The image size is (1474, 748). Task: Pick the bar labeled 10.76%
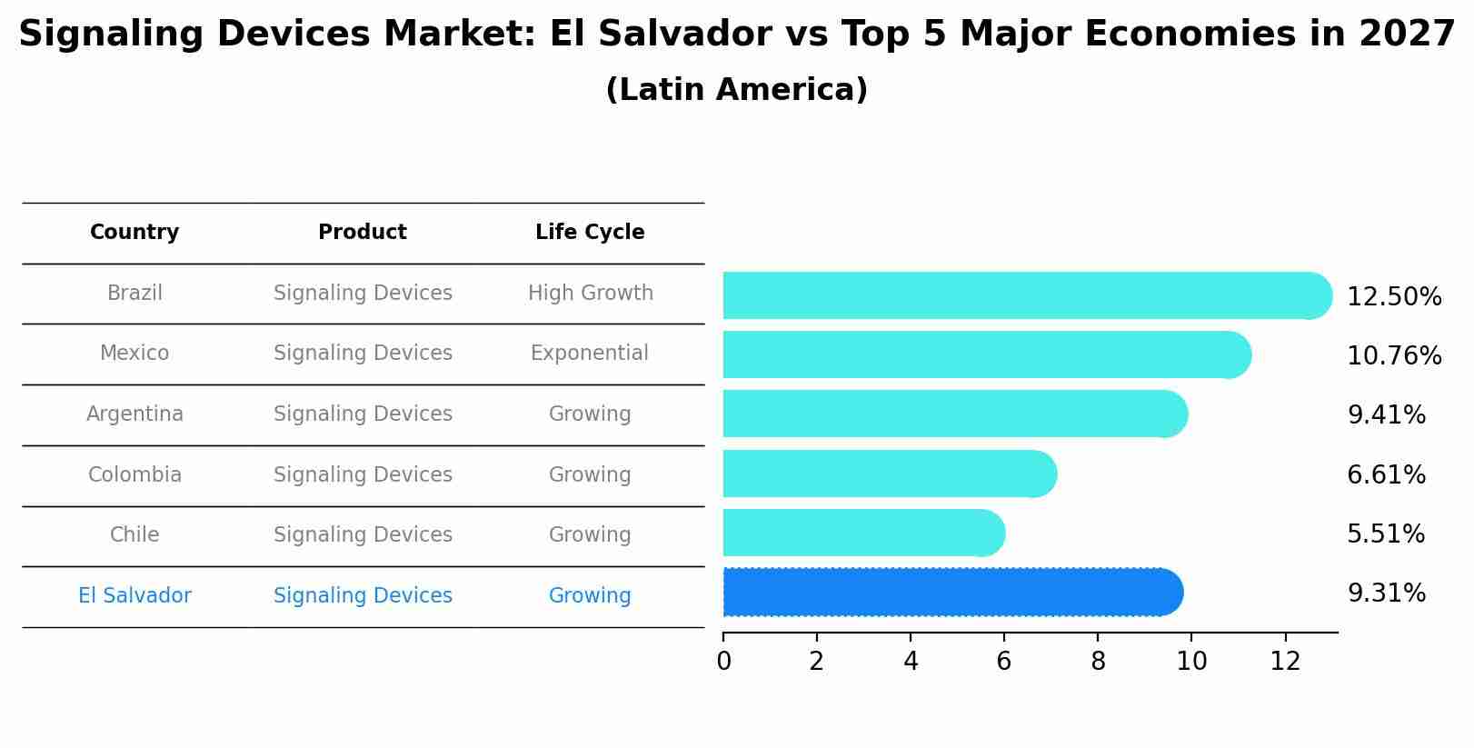(x=986, y=354)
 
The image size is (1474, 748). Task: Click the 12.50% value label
(x=1394, y=297)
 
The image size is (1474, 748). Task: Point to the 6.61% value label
(x=1386, y=474)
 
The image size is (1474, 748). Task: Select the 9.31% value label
(x=1386, y=593)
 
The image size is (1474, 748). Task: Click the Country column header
(x=134, y=233)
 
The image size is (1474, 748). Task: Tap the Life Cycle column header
(x=590, y=233)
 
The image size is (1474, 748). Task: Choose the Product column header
(x=363, y=233)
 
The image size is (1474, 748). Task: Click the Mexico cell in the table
(x=134, y=354)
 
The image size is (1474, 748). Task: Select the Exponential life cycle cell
(x=590, y=354)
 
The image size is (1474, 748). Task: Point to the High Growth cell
(x=590, y=294)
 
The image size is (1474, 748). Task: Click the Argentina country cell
(x=134, y=414)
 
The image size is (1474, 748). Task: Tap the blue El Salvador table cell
(x=134, y=596)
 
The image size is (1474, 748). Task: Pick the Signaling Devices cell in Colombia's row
(x=363, y=475)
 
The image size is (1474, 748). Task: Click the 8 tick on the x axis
(x=1098, y=662)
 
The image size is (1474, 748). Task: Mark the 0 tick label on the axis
(x=723, y=662)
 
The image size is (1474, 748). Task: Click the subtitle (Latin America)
(x=736, y=90)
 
